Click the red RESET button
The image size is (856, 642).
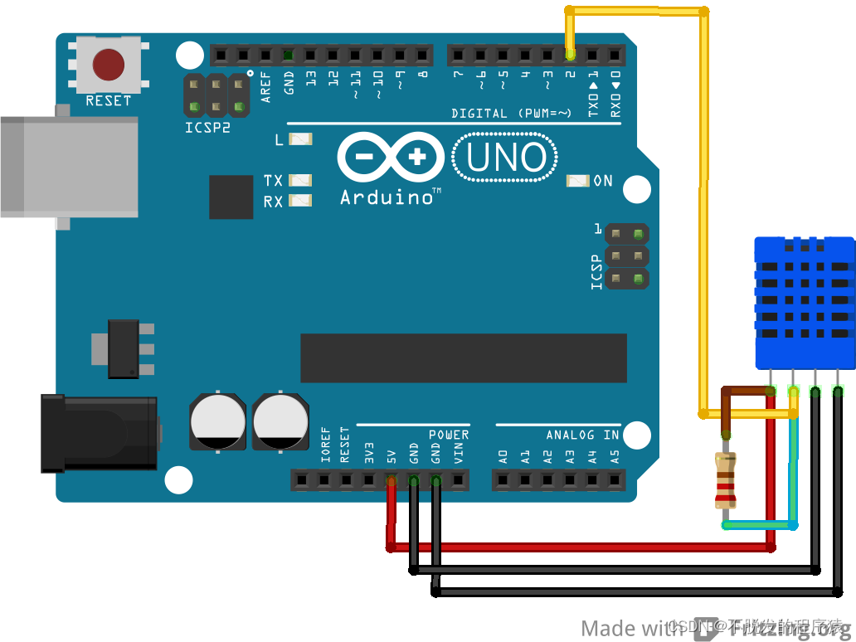coord(108,65)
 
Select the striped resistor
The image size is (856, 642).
coord(726,479)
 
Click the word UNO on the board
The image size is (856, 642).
coord(506,158)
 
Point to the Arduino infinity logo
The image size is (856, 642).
coord(391,157)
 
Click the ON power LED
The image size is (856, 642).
coord(577,181)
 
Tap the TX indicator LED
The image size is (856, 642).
coord(300,180)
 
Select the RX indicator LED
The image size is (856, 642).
coord(300,200)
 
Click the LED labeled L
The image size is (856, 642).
coord(300,139)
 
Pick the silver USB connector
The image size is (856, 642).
coord(66,166)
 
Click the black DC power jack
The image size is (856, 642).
coord(100,434)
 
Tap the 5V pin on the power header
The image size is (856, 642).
coord(391,479)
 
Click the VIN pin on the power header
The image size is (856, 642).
coord(458,479)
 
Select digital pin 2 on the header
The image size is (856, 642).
coord(571,56)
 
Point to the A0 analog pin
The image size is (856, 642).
coord(503,479)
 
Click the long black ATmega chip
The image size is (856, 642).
coord(463,358)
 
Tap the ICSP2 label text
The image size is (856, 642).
coord(207,129)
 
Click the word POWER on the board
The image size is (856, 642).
coord(449,435)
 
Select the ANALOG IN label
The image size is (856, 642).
coord(582,435)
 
